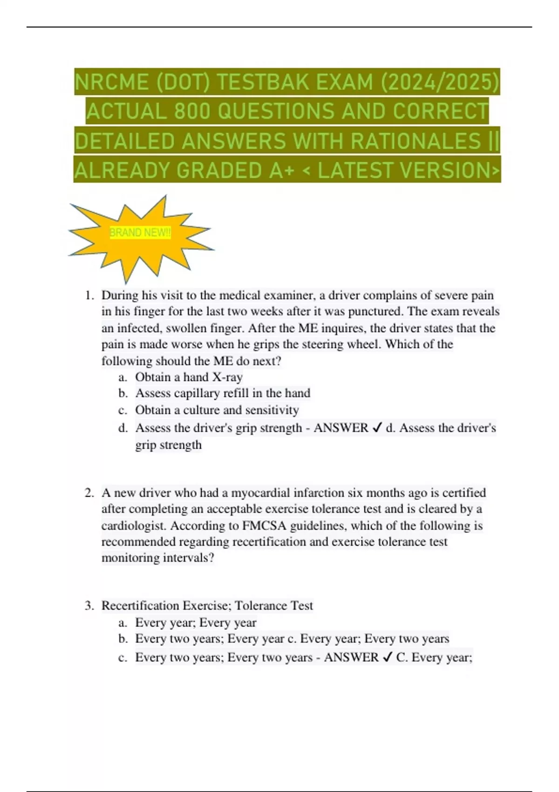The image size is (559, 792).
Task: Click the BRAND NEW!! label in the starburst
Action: pyautogui.click(x=140, y=232)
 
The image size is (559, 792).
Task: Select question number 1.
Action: pyautogui.click(x=89, y=295)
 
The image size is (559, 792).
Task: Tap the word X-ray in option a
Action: pyautogui.click(x=227, y=377)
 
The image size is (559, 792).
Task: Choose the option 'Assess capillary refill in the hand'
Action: pyautogui.click(x=223, y=393)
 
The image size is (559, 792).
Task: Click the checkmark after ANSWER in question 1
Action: pyautogui.click(x=377, y=428)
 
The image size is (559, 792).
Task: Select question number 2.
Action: pyautogui.click(x=89, y=493)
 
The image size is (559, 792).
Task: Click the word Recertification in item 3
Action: pyautogui.click(x=140, y=606)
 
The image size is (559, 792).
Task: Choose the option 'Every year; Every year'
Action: pyautogui.click(x=196, y=622)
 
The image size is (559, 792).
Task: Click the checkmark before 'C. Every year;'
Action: pyautogui.click(x=387, y=657)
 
